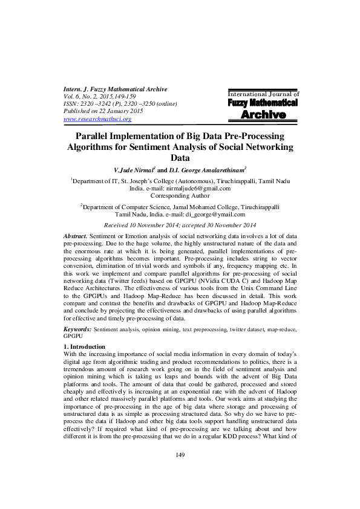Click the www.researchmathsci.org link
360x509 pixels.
[97, 120]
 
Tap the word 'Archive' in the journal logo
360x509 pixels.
[263, 115]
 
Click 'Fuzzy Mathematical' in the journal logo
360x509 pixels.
[263, 103]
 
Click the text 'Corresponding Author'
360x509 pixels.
[180, 196]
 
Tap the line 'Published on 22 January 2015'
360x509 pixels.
[103, 112]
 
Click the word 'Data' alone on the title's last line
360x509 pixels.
[180, 158]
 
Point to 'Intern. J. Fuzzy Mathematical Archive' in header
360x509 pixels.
[116, 89]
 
